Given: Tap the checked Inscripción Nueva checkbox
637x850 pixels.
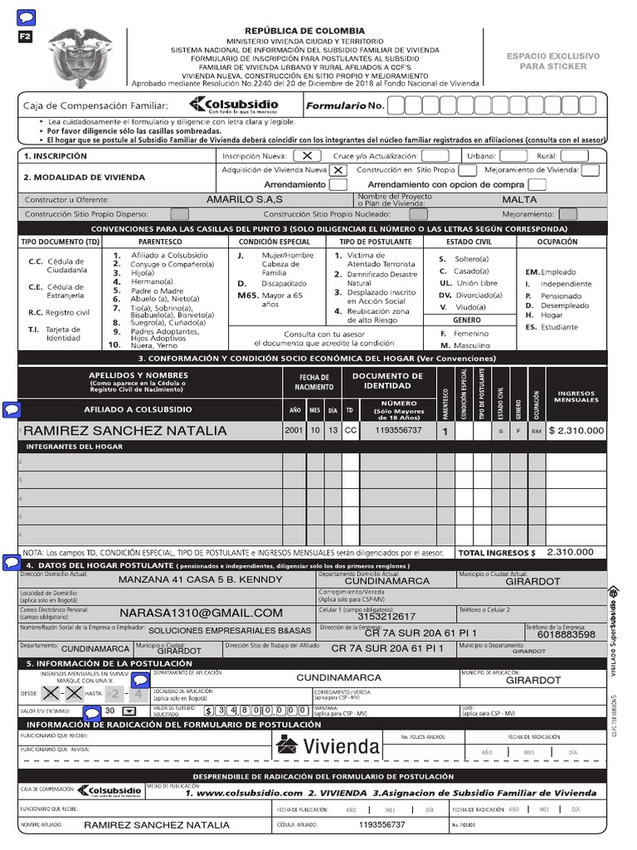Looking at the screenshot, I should pos(307,155).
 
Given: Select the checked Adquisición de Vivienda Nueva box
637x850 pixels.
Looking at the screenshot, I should pos(338,170).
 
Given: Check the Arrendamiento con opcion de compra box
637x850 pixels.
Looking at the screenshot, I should pos(537,184).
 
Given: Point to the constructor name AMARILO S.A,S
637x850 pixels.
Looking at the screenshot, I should pos(245,200).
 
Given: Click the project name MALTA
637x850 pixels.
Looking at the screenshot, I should pos(519,200).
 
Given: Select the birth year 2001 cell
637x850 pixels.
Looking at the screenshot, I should pos(294,431).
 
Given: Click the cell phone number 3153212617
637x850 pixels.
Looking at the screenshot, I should pos(387,617).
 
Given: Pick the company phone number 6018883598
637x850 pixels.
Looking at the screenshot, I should pos(566,634).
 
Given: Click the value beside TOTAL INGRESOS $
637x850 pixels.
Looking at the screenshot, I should pos(570,552).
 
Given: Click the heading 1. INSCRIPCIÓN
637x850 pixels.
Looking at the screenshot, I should pos(56,155).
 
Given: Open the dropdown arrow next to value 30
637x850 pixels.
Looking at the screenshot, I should pos(129,711).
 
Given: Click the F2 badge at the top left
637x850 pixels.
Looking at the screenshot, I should pos(25,37).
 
